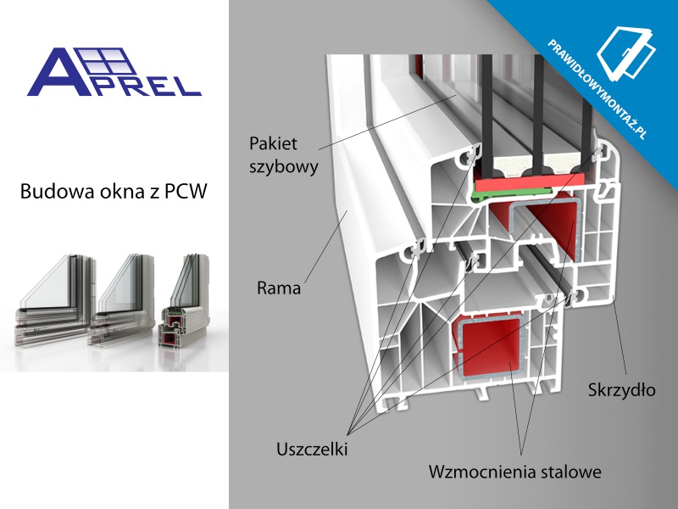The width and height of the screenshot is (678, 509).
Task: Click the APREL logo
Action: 114,72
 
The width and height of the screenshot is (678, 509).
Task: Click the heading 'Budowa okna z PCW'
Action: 114,192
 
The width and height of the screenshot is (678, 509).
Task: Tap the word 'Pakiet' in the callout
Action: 273,143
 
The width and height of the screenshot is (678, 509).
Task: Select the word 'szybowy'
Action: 284,166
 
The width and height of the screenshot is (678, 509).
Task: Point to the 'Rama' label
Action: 279,288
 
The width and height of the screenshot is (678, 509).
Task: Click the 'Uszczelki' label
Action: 312,450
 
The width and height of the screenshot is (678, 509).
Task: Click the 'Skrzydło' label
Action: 621,390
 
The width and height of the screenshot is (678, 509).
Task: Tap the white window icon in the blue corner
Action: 626,54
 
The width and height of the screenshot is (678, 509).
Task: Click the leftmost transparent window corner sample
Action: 55,301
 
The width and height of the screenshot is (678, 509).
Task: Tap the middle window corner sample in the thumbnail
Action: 121,301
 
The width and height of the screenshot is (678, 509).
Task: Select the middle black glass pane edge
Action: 539,115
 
